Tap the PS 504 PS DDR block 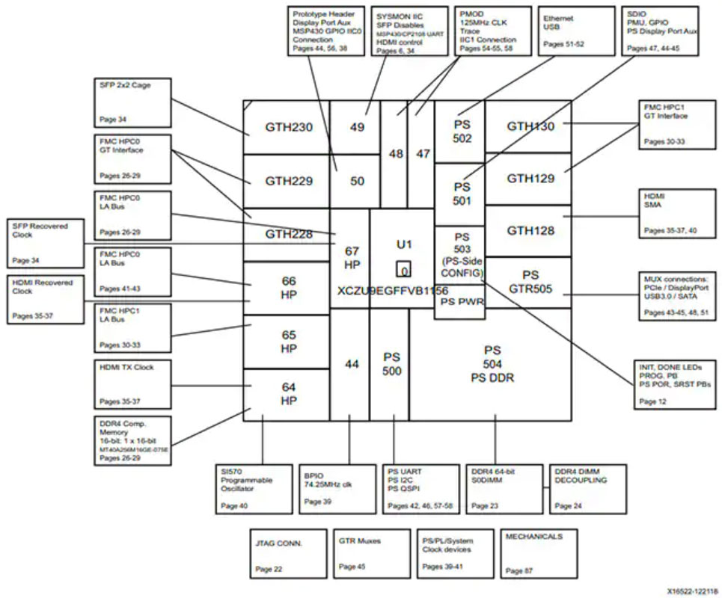pyautogui.click(x=491, y=364)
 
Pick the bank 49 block pyautogui.click(x=356, y=127)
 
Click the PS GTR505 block pyautogui.click(x=528, y=281)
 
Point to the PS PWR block pyautogui.click(x=459, y=302)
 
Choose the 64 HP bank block pyautogui.click(x=288, y=394)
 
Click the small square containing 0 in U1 pyautogui.click(x=403, y=270)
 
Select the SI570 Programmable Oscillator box pyautogui.click(x=254, y=489)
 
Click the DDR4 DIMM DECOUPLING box pyautogui.click(x=587, y=489)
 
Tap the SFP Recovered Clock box pyautogui.click(x=46, y=243)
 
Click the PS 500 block pyautogui.click(x=392, y=364)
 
